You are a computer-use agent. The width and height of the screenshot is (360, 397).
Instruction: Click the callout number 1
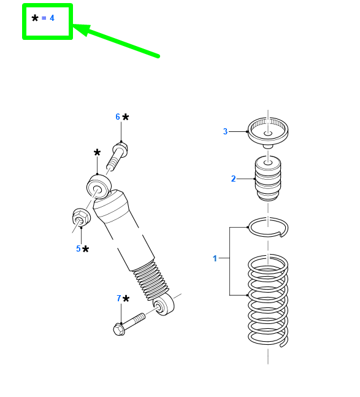(x=215, y=258)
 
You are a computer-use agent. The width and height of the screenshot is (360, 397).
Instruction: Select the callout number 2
(x=233, y=179)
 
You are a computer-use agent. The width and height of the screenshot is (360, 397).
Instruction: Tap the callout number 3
(x=225, y=131)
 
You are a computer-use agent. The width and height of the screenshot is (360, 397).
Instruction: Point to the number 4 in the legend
(x=52, y=18)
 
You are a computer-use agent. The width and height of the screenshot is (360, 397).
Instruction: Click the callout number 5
(x=79, y=249)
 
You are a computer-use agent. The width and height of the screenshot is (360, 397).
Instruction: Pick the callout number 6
(x=118, y=117)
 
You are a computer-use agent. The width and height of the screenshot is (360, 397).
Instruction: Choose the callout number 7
(x=118, y=299)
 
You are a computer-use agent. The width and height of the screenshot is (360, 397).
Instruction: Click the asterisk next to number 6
(x=126, y=117)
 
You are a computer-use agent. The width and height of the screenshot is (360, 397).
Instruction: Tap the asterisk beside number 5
(x=86, y=249)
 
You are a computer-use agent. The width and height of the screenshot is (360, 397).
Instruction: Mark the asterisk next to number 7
(x=126, y=299)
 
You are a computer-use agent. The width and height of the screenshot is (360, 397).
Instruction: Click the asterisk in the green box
(x=35, y=18)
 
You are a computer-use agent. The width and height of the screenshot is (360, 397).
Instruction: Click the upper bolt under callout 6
(x=117, y=156)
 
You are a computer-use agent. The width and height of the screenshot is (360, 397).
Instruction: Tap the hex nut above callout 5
(x=80, y=217)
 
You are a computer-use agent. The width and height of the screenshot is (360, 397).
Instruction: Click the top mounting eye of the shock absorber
(x=98, y=185)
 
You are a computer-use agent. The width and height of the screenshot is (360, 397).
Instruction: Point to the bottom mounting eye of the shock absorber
(x=163, y=304)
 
